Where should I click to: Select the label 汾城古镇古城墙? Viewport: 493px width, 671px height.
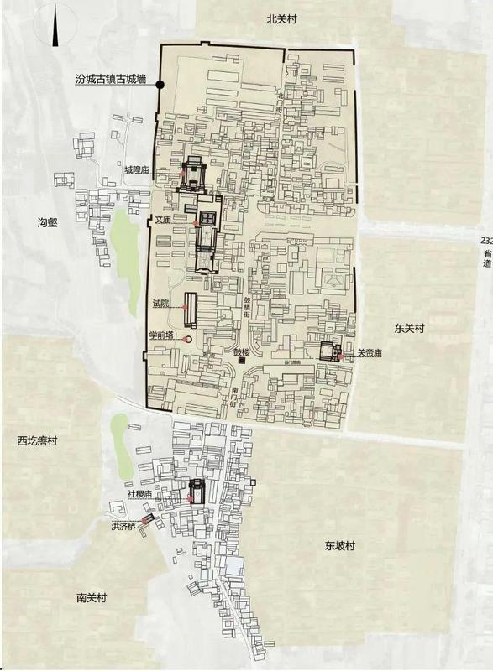(x=110, y=81)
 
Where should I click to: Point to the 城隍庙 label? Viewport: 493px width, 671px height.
(x=136, y=170)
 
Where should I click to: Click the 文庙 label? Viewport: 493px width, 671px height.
(x=163, y=219)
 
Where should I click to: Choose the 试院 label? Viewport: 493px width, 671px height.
(x=160, y=303)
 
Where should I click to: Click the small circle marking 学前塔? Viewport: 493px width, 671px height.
(x=186, y=339)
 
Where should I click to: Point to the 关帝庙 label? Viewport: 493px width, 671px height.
(x=370, y=354)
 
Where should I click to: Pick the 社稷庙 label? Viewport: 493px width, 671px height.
(x=139, y=495)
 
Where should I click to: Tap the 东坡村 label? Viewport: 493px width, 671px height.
(x=340, y=545)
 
